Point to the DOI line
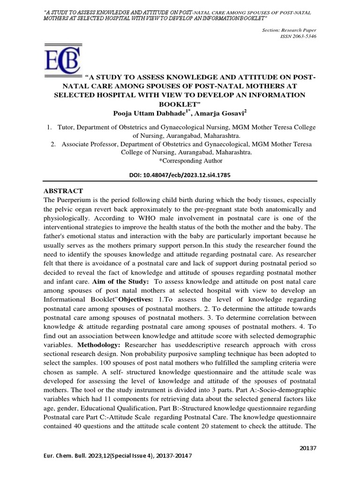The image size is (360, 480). pos(180,174)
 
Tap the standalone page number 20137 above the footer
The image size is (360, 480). pos(308,448)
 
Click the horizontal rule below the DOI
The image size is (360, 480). pos(180,181)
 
